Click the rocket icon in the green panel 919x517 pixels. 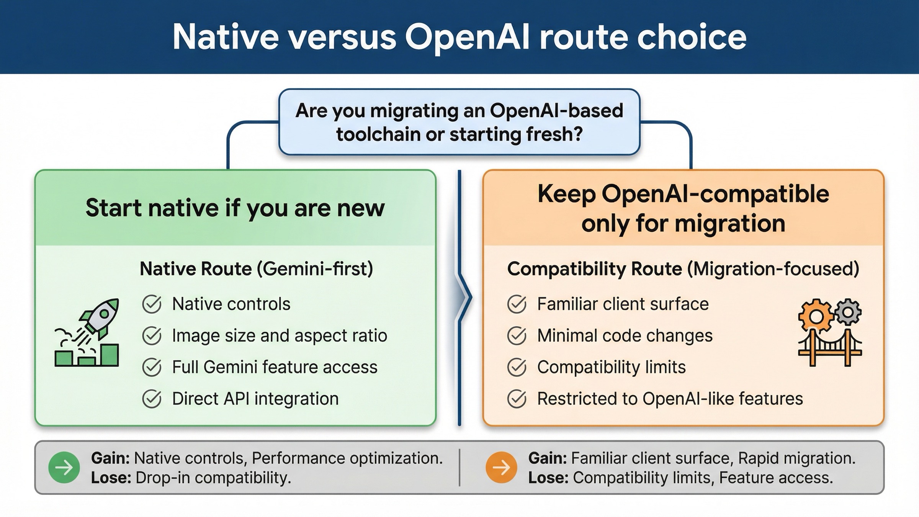99,319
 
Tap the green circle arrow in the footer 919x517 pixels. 64,467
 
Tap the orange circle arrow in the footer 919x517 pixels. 501,467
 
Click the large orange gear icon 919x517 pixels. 816,316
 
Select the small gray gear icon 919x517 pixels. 849,312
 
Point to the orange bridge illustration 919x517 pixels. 830,348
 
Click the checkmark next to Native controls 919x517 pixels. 152,304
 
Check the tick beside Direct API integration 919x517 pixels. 152,399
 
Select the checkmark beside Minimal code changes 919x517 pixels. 517,336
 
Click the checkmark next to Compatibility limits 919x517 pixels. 517,367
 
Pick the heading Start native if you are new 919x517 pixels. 235,208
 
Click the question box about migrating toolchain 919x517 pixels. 459,122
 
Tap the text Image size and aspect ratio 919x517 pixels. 280,336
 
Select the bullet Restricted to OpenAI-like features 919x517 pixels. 670,399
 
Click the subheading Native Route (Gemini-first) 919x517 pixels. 256,269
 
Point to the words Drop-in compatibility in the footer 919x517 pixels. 213,478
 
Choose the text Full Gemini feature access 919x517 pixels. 275,367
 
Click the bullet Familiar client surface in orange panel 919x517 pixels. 623,304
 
